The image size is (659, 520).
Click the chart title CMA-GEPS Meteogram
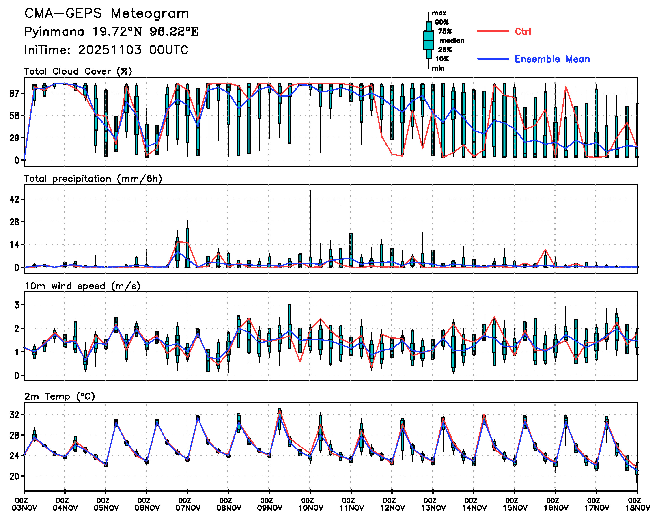coord(107,14)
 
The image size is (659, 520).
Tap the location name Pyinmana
coord(54,32)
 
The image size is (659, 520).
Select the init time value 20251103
coord(110,50)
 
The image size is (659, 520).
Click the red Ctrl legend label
coord(523,31)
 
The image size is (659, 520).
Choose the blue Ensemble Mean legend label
coord(552,59)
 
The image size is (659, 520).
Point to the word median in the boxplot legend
coord(452,41)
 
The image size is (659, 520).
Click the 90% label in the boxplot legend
coord(441,22)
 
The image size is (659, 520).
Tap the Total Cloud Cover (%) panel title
coord(78,71)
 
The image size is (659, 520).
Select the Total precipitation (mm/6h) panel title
coord(93,179)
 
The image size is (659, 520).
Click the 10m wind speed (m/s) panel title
coord(82,286)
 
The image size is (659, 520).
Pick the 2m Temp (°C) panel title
coord(60,396)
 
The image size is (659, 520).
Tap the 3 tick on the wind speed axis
coord(17,305)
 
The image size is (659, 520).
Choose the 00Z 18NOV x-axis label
coord(637,504)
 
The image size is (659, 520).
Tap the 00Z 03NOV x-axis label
coord(24,504)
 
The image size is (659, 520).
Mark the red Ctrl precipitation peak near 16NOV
coord(545,250)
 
